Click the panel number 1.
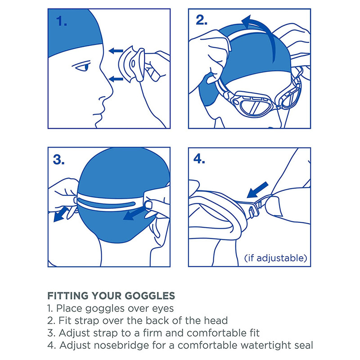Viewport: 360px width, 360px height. (62, 21)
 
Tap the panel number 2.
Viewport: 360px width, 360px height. (202, 20)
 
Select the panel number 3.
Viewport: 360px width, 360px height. (58, 160)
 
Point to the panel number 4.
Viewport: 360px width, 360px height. (199, 159)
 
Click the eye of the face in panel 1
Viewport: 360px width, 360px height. (83, 67)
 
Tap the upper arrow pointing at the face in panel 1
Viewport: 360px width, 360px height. (116, 51)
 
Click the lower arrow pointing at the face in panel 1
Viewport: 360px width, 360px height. (116, 80)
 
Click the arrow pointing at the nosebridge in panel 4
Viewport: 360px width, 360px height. (257, 190)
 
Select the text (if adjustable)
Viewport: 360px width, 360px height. (275, 258)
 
